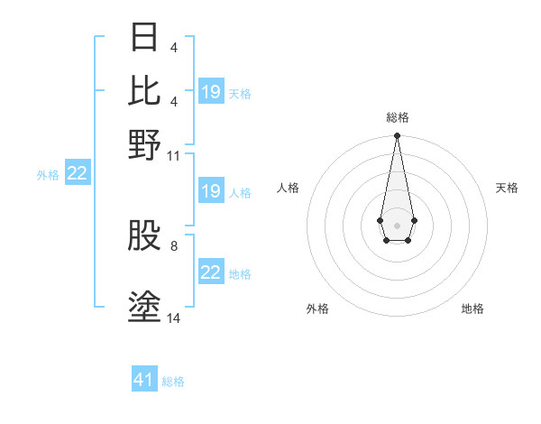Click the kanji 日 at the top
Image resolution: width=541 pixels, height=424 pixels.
[145, 37]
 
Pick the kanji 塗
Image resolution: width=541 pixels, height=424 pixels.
[145, 307]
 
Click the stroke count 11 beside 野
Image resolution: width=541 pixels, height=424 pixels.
[174, 155]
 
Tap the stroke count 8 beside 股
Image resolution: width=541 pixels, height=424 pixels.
[174, 244]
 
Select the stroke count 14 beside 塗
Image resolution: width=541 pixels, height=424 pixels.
[174, 318]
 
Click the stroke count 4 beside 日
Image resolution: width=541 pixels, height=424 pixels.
[174, 47]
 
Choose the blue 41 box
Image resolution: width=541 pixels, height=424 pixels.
[144, 380]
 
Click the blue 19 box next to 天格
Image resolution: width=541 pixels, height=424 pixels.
[211, 92]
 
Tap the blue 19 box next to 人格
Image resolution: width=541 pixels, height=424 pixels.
[211, 191]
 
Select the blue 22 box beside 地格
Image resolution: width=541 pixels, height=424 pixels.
[211, 272]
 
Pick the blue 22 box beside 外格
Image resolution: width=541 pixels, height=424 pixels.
[77, 174]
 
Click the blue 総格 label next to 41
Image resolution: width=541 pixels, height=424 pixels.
[173, 382]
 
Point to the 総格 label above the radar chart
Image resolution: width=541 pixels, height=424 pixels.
[397, 117]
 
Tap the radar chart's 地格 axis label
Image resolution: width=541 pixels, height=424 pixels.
[472, 309]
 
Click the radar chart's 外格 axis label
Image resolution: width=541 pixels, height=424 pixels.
[317, 309]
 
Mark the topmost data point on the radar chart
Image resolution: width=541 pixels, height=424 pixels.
[397, 136]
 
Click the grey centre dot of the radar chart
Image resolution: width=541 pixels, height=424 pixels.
[397, 225]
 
